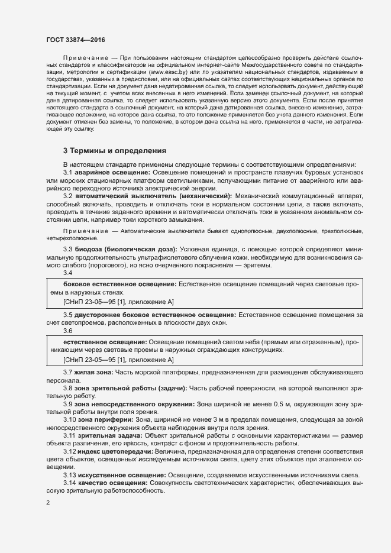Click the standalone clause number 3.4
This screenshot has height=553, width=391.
pyautogui.click(x=68, y=273)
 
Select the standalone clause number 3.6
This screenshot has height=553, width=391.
pyautogui.click(x=68, y=331)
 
